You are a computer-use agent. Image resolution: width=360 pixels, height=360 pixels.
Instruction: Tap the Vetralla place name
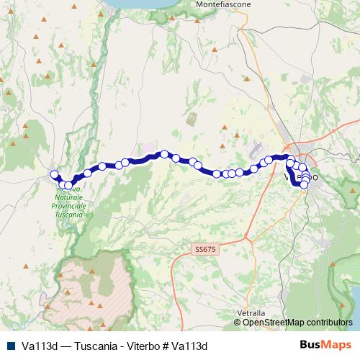pyautogui.click(x=251, y=313)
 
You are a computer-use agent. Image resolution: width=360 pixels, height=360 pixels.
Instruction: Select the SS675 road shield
pyautogui.click(x=204, y=248)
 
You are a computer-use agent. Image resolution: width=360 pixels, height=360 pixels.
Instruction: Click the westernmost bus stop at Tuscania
pyautogui.click(x=54, y=174)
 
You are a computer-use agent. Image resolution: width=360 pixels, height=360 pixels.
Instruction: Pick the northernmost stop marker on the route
pyautogui.click(x=165, y=153)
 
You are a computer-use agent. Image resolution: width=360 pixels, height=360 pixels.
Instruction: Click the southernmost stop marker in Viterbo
pyautogui.click(x=305, y=185)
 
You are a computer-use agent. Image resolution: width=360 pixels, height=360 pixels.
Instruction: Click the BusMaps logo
pyautogui.click(x=325, y=345)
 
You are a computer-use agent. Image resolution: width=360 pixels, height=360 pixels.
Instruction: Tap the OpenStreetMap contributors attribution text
pyautogui.click(x=297, y=322)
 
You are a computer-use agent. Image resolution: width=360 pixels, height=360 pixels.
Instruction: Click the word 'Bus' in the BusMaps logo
pyautogui.click(x=310, y=345)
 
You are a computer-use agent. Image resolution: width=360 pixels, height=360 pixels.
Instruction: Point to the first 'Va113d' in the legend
pyautogui.click(x=41, y=345)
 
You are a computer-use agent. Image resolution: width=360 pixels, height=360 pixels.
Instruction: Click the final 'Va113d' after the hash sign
pyautogui.click(x=191, y=345)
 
